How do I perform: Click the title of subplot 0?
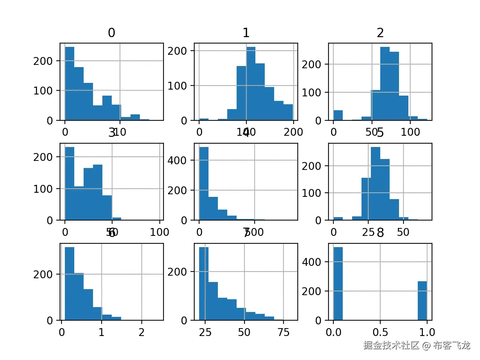(x=111, y=33)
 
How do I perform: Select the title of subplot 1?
(x=246, y=33)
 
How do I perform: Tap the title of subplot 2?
(x=380, y=33)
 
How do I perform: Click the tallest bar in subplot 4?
(x=204, y=183)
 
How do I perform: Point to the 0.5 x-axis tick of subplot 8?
(x=380, y=332)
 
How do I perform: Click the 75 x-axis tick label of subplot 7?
(x=283, y=332)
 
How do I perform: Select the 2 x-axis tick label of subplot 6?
(x=141, y=332)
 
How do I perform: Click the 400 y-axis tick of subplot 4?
(x=177, y=160)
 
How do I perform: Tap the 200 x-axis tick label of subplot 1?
(x=293, y=132)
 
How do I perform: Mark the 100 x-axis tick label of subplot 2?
(x=410, y=132)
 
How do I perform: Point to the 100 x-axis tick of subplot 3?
(x=159, y=232)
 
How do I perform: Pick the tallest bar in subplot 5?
(x=375, y=183)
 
